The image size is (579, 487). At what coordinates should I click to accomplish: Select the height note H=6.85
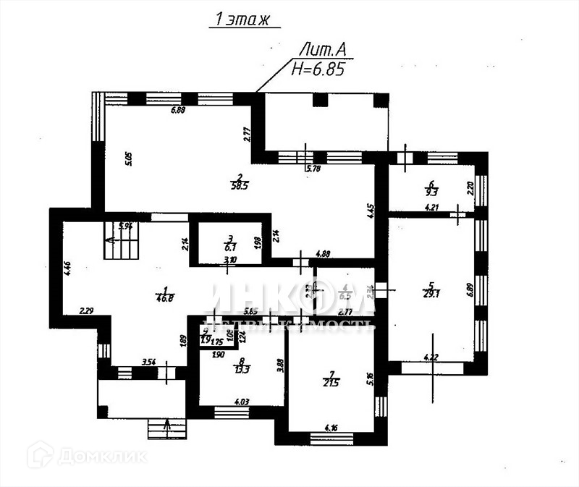tap(316, 69)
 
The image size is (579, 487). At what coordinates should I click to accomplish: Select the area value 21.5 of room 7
tap(331, 381)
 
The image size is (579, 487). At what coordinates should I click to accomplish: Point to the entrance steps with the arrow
tap(168, 428)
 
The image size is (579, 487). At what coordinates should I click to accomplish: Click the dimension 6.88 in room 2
tap(179, 111)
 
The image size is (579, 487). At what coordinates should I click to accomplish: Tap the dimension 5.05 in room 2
tap(128, 158)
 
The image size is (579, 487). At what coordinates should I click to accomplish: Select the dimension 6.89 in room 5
tap(470, 290)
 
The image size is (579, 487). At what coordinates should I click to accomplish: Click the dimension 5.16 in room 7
tap(368, 377)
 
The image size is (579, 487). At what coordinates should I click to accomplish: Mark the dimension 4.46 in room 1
tap(67, 269)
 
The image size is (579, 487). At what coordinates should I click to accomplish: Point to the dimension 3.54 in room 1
tap(148, 361)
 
